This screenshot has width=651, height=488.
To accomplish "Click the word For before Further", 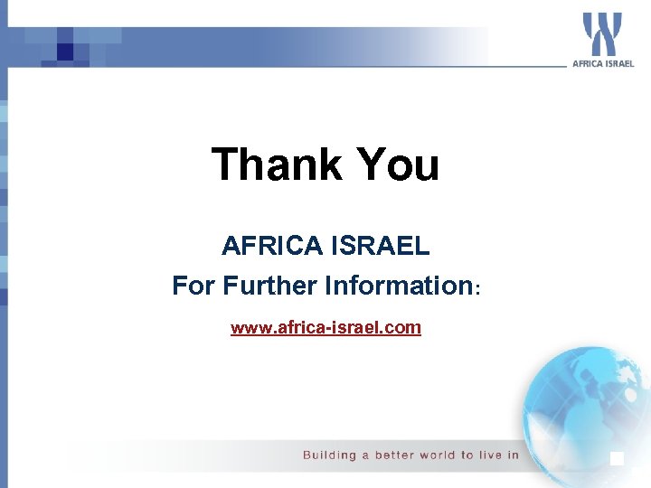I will coord(193,286).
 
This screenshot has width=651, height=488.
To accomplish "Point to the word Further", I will coord(269,286).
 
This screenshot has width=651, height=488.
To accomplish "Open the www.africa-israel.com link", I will coord(325,327).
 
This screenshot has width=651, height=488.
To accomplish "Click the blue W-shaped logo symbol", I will coord(602,34).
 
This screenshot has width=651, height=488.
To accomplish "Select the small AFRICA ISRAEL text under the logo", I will coord(603,63).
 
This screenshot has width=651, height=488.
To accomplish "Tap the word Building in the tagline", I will coord(330,455).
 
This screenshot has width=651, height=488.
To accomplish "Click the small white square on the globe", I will coord(618,458).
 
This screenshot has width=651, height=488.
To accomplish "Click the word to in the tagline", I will coord(467,455).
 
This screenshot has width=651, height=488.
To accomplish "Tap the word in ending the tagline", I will coord(514,455).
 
